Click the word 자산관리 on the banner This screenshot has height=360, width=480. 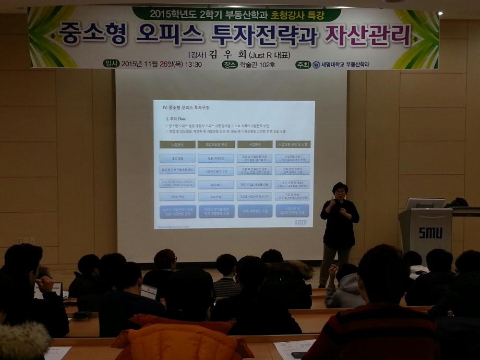pyautogui.click(x=368, y=35)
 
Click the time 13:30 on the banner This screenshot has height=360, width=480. pyautogui.click(x=193, y=64)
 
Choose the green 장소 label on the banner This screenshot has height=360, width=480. pyautogui.click(x=230, y=64)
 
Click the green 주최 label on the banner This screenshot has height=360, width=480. pyautogui.click(x=303, y=65)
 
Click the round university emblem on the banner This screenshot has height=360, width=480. pyautogui.click(x=316, y=65)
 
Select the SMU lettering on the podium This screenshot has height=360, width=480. pyautogui.click(x=430, y=233)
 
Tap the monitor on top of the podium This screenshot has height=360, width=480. pyautogui.click(x=425, y=203)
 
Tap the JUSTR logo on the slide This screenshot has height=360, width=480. pyautogui.click(x=301, y=222)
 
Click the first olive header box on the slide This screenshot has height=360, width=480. pyautogui.click(x=177, y=144)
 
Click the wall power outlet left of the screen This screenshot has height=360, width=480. pyautogui.click(x=25, y=241)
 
